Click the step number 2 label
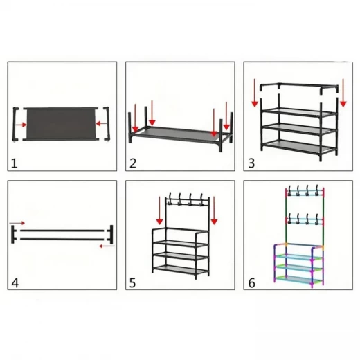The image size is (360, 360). (132, 163)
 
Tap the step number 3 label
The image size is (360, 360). (251, 163)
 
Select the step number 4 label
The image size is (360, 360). (15, 282)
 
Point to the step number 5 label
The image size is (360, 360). (132, 282)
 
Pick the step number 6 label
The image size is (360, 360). (251, 282)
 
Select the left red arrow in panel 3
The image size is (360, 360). (255, 96)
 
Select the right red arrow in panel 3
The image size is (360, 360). (343, 96)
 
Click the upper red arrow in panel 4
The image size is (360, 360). (17, 224)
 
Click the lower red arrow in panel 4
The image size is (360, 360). (105, 244)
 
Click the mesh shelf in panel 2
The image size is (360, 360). (177, 134)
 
